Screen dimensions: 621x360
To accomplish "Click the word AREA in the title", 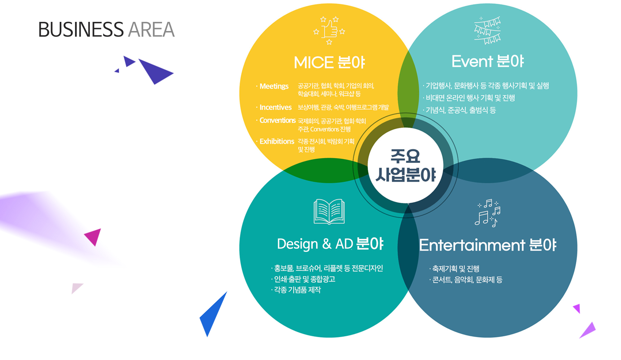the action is pyautogui.click(x=151, y=30).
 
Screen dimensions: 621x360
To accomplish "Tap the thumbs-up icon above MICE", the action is pyautogui.click(x=329, y=30).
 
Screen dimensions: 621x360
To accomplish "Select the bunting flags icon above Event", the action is pyautogui.click(x=487, y=30).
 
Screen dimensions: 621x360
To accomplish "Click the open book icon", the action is pyautogui.click(x=329, y=211).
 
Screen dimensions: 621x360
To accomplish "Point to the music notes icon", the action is pyautogui.click(x=488, y=213).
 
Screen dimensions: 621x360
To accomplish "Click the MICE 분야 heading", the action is pyautogui.click(x=329, y=62).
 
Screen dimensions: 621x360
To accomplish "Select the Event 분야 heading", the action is pyautogui.click(x=487, y=61).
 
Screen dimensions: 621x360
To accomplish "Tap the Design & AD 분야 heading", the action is pyautogui.click(x=330, y=244).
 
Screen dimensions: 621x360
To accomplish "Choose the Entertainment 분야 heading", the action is pyautogui.click(x=488, y=245).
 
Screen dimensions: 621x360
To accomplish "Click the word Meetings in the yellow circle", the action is pyautogui.click(x=274, y=86).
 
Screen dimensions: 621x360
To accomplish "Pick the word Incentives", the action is pyautogui.click(x=276, y=107).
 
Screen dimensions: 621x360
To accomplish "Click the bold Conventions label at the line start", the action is pyautogui.click(x=278, y=120).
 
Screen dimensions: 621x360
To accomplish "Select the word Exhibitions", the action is pyautogui.click(x=277, y=141).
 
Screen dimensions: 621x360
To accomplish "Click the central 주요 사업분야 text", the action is pyautogui.click(x=406, y=165).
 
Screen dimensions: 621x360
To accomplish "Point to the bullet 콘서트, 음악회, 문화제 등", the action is pyautogui.click(x=466, y=280).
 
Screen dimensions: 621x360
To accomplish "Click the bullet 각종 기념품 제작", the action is pyautogui.click(x=296, y=290).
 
